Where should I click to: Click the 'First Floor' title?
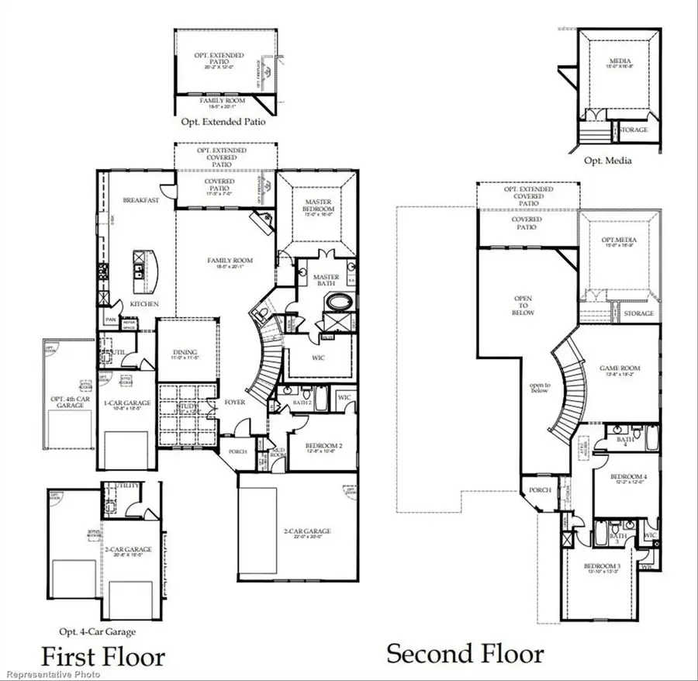pyautogui.click(x=102, y=656)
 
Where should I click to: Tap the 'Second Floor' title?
pyautogui.click(x=465, y=653)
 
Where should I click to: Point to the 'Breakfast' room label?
pyautogui.click(x=140, y=199)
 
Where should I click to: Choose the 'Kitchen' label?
pyautogui.click(x=144, y=304)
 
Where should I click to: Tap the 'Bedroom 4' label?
pyautogui.click(x=627, y=476)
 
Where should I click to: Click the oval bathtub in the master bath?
pyautogui.click(x=340, y=301)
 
